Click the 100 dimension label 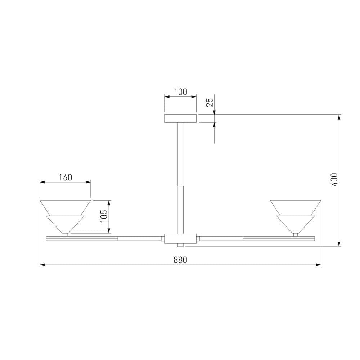point(180,92)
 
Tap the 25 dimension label point(210,102)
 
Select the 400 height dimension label point(335,180)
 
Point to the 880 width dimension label point(180,260)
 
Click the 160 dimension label point(66,177)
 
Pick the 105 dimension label point(104,216)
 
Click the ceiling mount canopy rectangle point(180,118)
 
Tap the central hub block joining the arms point(180,239)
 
